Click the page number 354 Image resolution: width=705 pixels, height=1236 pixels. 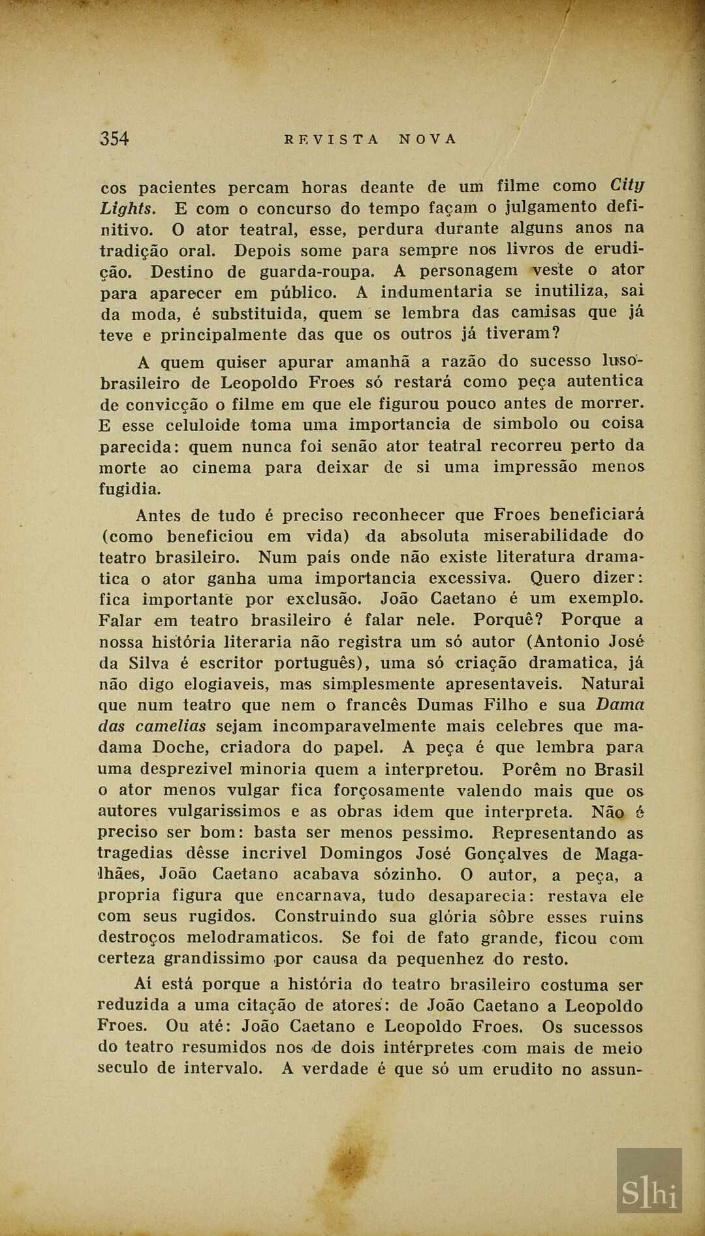(x=114, y=138)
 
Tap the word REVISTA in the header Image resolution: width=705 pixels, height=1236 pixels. (x=332, y=139)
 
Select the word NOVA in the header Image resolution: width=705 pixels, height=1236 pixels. (x=428, y=139)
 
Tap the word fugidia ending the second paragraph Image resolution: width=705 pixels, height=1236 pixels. (x=129, y=489)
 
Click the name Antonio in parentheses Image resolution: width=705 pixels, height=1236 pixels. (x=567, y=641)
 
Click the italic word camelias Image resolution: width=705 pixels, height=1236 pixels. (x=170, y=726)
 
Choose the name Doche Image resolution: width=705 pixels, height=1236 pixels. (x=179, y=747)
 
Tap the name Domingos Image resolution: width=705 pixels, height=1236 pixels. (x=361, y=853)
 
